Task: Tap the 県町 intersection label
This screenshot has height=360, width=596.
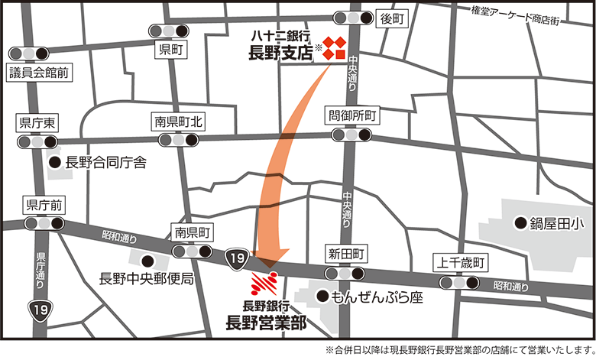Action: coord(169,50)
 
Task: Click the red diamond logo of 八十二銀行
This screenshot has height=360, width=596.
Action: coord(334,47)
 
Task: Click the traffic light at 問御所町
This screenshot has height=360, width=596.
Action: coord(351,135)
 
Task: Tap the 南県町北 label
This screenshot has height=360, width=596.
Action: coord(178,121)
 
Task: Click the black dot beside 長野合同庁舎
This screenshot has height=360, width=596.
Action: coord(54,162)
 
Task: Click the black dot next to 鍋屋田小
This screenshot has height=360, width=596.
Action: coord(520,223)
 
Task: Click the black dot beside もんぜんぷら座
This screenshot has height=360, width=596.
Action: coord(323,297)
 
